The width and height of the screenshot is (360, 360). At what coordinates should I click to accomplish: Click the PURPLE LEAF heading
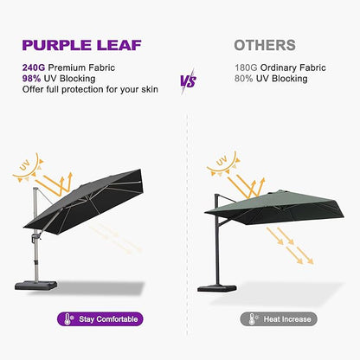(83, 45)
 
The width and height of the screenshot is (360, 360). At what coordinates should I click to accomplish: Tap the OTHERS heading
(265, 45)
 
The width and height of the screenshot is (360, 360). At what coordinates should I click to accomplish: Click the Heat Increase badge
(278, 319)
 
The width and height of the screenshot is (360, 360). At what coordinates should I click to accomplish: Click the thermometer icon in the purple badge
(68, 319)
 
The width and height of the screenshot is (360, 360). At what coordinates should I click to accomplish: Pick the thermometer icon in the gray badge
(248, 319)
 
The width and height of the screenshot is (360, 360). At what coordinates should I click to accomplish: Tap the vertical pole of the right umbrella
(215, 251)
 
